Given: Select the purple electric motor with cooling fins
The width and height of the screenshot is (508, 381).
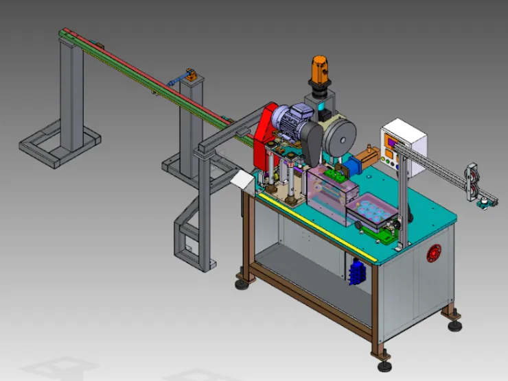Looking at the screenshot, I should pos(289,119).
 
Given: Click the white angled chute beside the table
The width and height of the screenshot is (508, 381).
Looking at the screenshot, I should pos(242,180).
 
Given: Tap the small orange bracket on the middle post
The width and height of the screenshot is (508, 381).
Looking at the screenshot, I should pos(193,74).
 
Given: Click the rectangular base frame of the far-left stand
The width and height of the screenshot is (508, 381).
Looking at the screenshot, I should pos(58,145).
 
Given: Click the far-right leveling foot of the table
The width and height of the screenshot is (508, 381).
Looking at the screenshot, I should pos(454,323).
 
